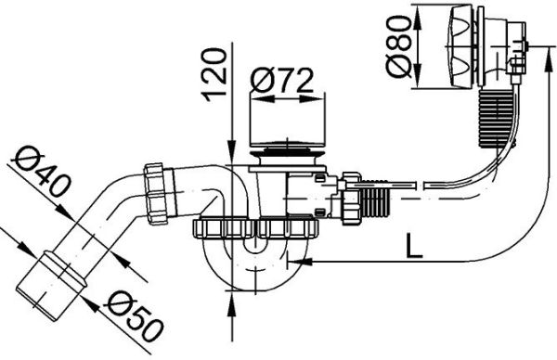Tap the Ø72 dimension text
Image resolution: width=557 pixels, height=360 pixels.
coord(284,80)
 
